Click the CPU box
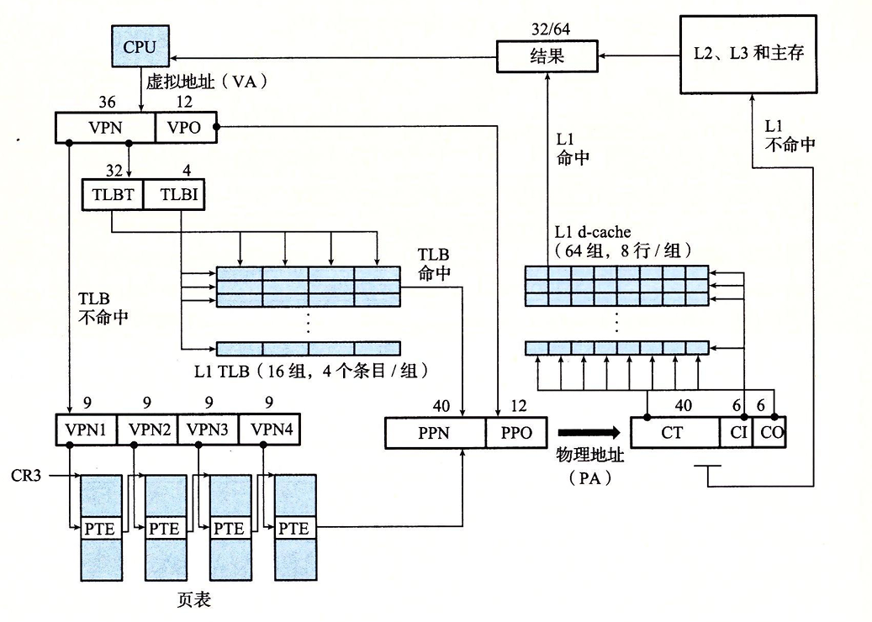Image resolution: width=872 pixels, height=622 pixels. [x=140, y=46]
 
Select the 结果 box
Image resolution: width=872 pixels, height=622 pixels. [x=547, y=56]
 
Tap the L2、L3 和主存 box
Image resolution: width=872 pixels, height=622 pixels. [x=748, y=54]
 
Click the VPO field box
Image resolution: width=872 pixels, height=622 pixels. [x=185, y=127]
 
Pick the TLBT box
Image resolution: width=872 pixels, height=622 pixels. [x=113, y=194]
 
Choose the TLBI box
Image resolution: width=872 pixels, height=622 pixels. [x=174, y=194]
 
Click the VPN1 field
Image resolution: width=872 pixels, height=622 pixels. [x=87, y=430]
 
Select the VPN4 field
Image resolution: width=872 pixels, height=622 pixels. [x=270, y=430]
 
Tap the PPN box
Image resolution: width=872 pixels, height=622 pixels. [x=435, y=432]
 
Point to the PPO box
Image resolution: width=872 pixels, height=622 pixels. [x=516, y=432]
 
